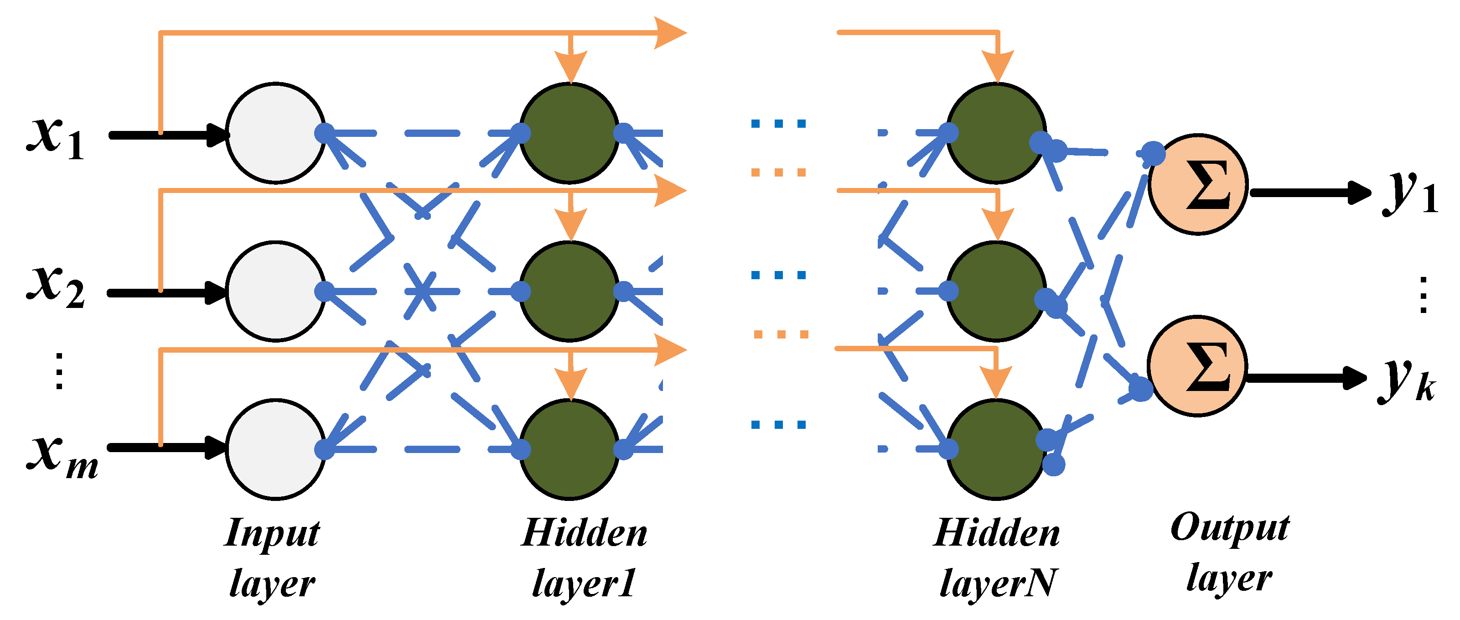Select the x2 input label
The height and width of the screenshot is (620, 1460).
tap(56, 287)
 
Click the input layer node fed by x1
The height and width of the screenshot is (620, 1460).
tap(276, 133)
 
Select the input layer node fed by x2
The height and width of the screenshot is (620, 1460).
tap(276, 292)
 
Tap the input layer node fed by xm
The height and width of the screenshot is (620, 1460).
tap(276, 449)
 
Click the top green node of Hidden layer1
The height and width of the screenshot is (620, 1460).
tap(570, 133)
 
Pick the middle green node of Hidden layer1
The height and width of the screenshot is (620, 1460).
tap(570, 292)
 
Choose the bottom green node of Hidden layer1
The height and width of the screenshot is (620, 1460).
tap(570, 449)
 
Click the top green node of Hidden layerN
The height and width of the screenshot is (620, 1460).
tap(996, 133)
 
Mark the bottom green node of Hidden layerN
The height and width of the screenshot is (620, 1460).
tap(996, 449)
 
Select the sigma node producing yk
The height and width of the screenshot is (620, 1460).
tap(1197, 366)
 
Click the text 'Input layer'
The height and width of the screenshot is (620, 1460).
tap(272, 557)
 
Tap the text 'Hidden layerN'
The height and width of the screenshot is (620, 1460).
tap(996, 557)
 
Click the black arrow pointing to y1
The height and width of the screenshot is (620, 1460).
tap(1309, 193)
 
